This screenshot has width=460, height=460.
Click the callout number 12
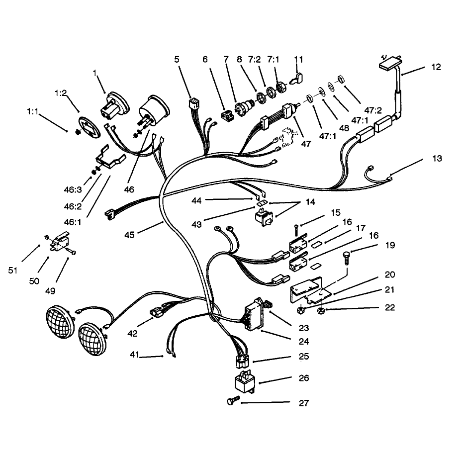(436, 67)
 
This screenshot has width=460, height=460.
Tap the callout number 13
(437, 159)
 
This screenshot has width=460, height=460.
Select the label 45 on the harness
(129, 235)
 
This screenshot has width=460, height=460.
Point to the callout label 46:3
(73, 190)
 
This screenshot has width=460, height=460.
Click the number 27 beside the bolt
(304, 403)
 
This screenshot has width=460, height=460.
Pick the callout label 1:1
(32, 111)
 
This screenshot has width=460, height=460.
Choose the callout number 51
(12, 270)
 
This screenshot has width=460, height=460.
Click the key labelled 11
(297, 79)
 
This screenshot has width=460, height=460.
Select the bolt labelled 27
(234, 400)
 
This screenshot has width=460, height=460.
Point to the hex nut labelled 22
(321, 310)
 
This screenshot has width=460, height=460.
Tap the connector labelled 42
(157, 313)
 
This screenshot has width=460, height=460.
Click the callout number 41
(134, 355)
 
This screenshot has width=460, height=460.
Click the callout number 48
(344, 128)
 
